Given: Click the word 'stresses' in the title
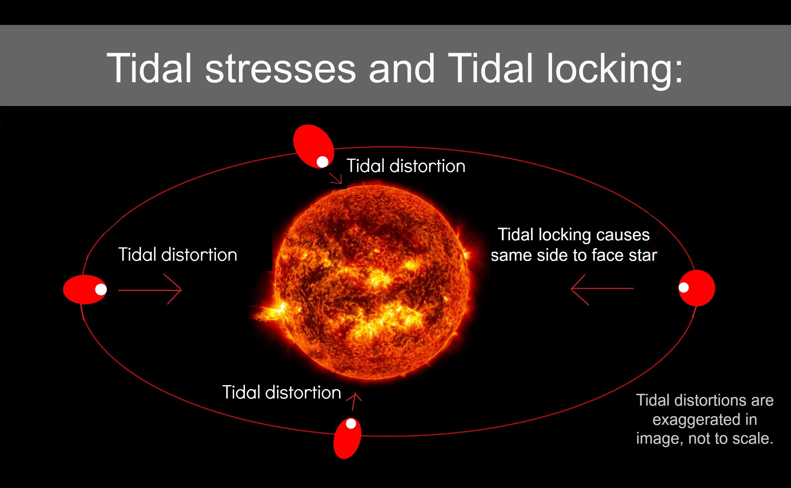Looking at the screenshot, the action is pos(281,69).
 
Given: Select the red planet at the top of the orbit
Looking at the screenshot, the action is pos(313,146).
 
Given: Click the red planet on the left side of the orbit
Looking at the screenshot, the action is pos(85,289).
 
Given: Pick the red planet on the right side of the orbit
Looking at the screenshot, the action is pos(697,288).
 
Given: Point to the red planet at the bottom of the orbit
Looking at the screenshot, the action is pos(347,438).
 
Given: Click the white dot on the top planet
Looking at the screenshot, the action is pos(323,161).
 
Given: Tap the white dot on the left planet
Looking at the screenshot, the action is pos(101,289).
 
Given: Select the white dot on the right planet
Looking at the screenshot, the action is pos(684,287).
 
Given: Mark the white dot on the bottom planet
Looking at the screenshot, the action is pos(351,424).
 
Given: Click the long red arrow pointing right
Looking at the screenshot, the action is pos(150,290).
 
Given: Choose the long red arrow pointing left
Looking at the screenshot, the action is pos(602,289).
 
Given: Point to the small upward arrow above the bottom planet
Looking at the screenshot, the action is pos(354,401).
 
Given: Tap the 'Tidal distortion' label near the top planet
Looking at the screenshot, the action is pos(406,166).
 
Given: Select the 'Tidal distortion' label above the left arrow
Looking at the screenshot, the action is pos(178,254).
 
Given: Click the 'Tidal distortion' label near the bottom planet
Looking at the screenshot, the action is pos(282,392).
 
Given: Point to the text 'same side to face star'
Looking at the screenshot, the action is pos(574,255).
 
